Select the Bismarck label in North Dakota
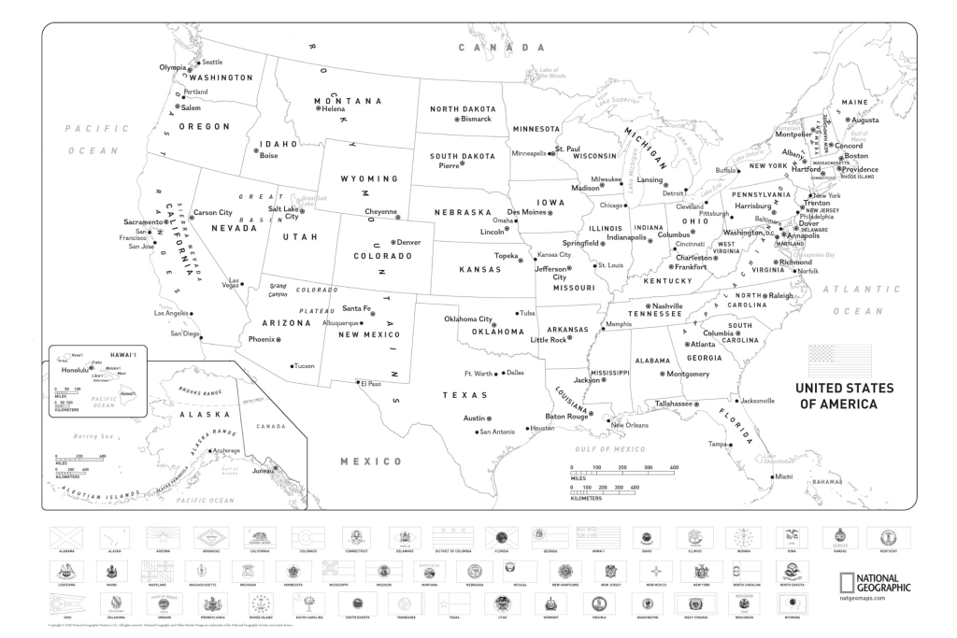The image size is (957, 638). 476,119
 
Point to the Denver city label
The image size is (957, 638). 409,242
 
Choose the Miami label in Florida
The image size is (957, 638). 783,476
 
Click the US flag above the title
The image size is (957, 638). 839,360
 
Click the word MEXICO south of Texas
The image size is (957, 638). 370,461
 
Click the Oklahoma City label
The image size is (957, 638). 467,319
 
